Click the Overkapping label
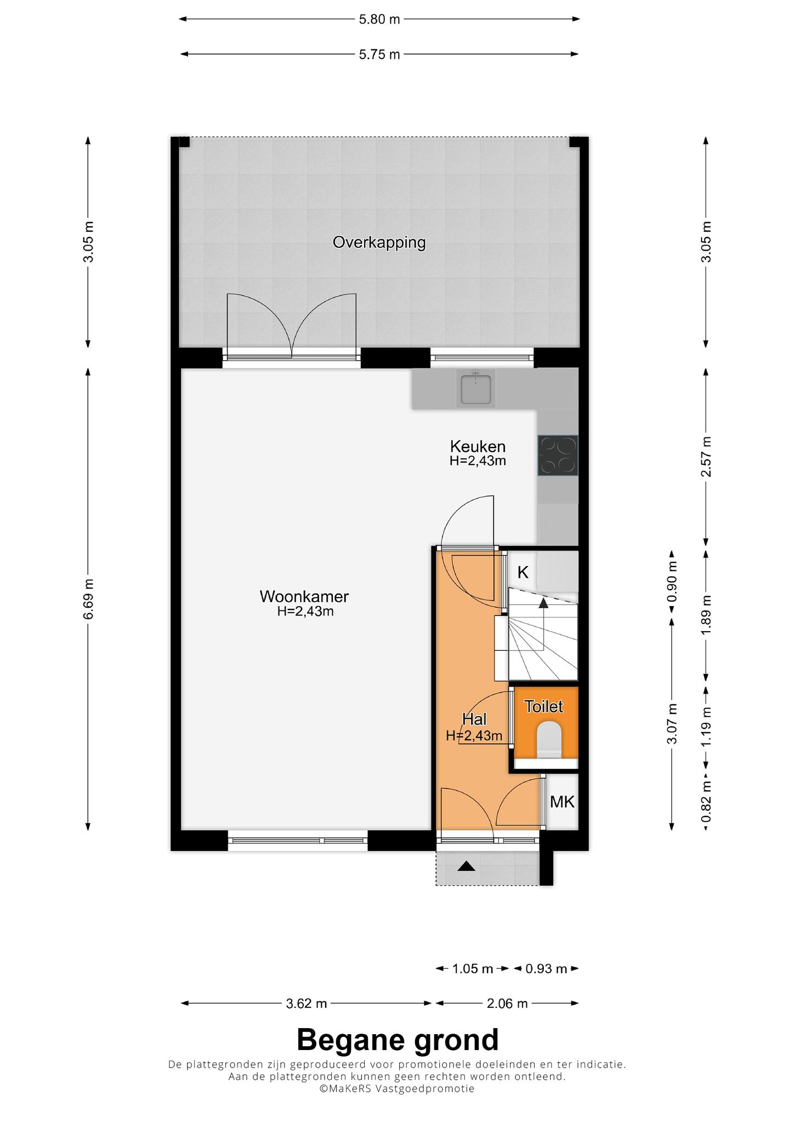point(379,242)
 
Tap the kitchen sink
point(476,387)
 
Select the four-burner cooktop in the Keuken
point(558,455)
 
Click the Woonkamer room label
point(304,596)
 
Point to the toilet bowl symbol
point(549,740)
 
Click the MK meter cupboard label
point(562,802)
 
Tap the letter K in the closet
point(523,572)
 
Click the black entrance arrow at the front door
point(466,866)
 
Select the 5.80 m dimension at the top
point(379,20)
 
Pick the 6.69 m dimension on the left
point(89,599)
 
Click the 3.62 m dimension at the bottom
point(307,1003)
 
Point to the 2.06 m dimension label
point(507,1003)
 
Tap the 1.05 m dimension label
point(473,969)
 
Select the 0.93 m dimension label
point(546,969)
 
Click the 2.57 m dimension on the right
point(706,457)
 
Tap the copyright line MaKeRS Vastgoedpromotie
point(397,1088)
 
